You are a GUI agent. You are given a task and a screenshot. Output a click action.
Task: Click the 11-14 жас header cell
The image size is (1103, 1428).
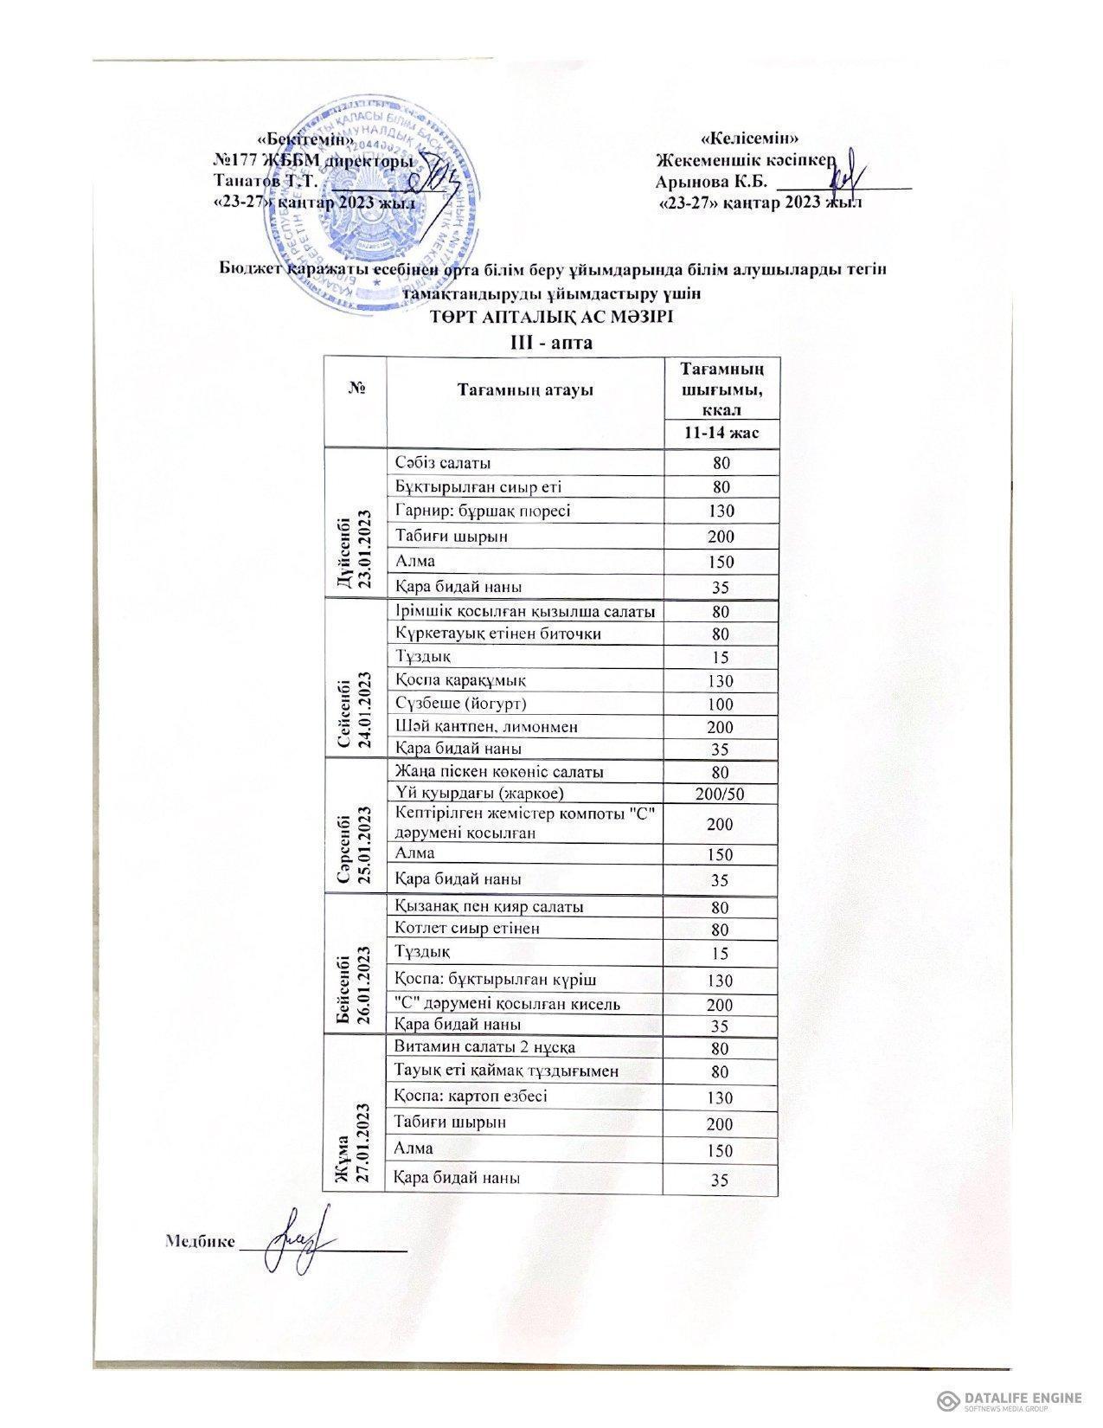click(x=721, y=431)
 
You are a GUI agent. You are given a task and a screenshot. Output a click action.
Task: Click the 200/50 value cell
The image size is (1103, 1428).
click(x=721, y=793)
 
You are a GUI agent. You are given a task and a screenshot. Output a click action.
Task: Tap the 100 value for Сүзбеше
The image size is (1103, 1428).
click(x=721, y=704)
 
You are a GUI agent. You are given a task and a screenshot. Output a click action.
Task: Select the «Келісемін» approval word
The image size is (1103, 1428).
click(x=749, y=138)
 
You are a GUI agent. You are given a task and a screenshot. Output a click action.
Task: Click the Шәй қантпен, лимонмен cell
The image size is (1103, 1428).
click(x=485, y=726)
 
